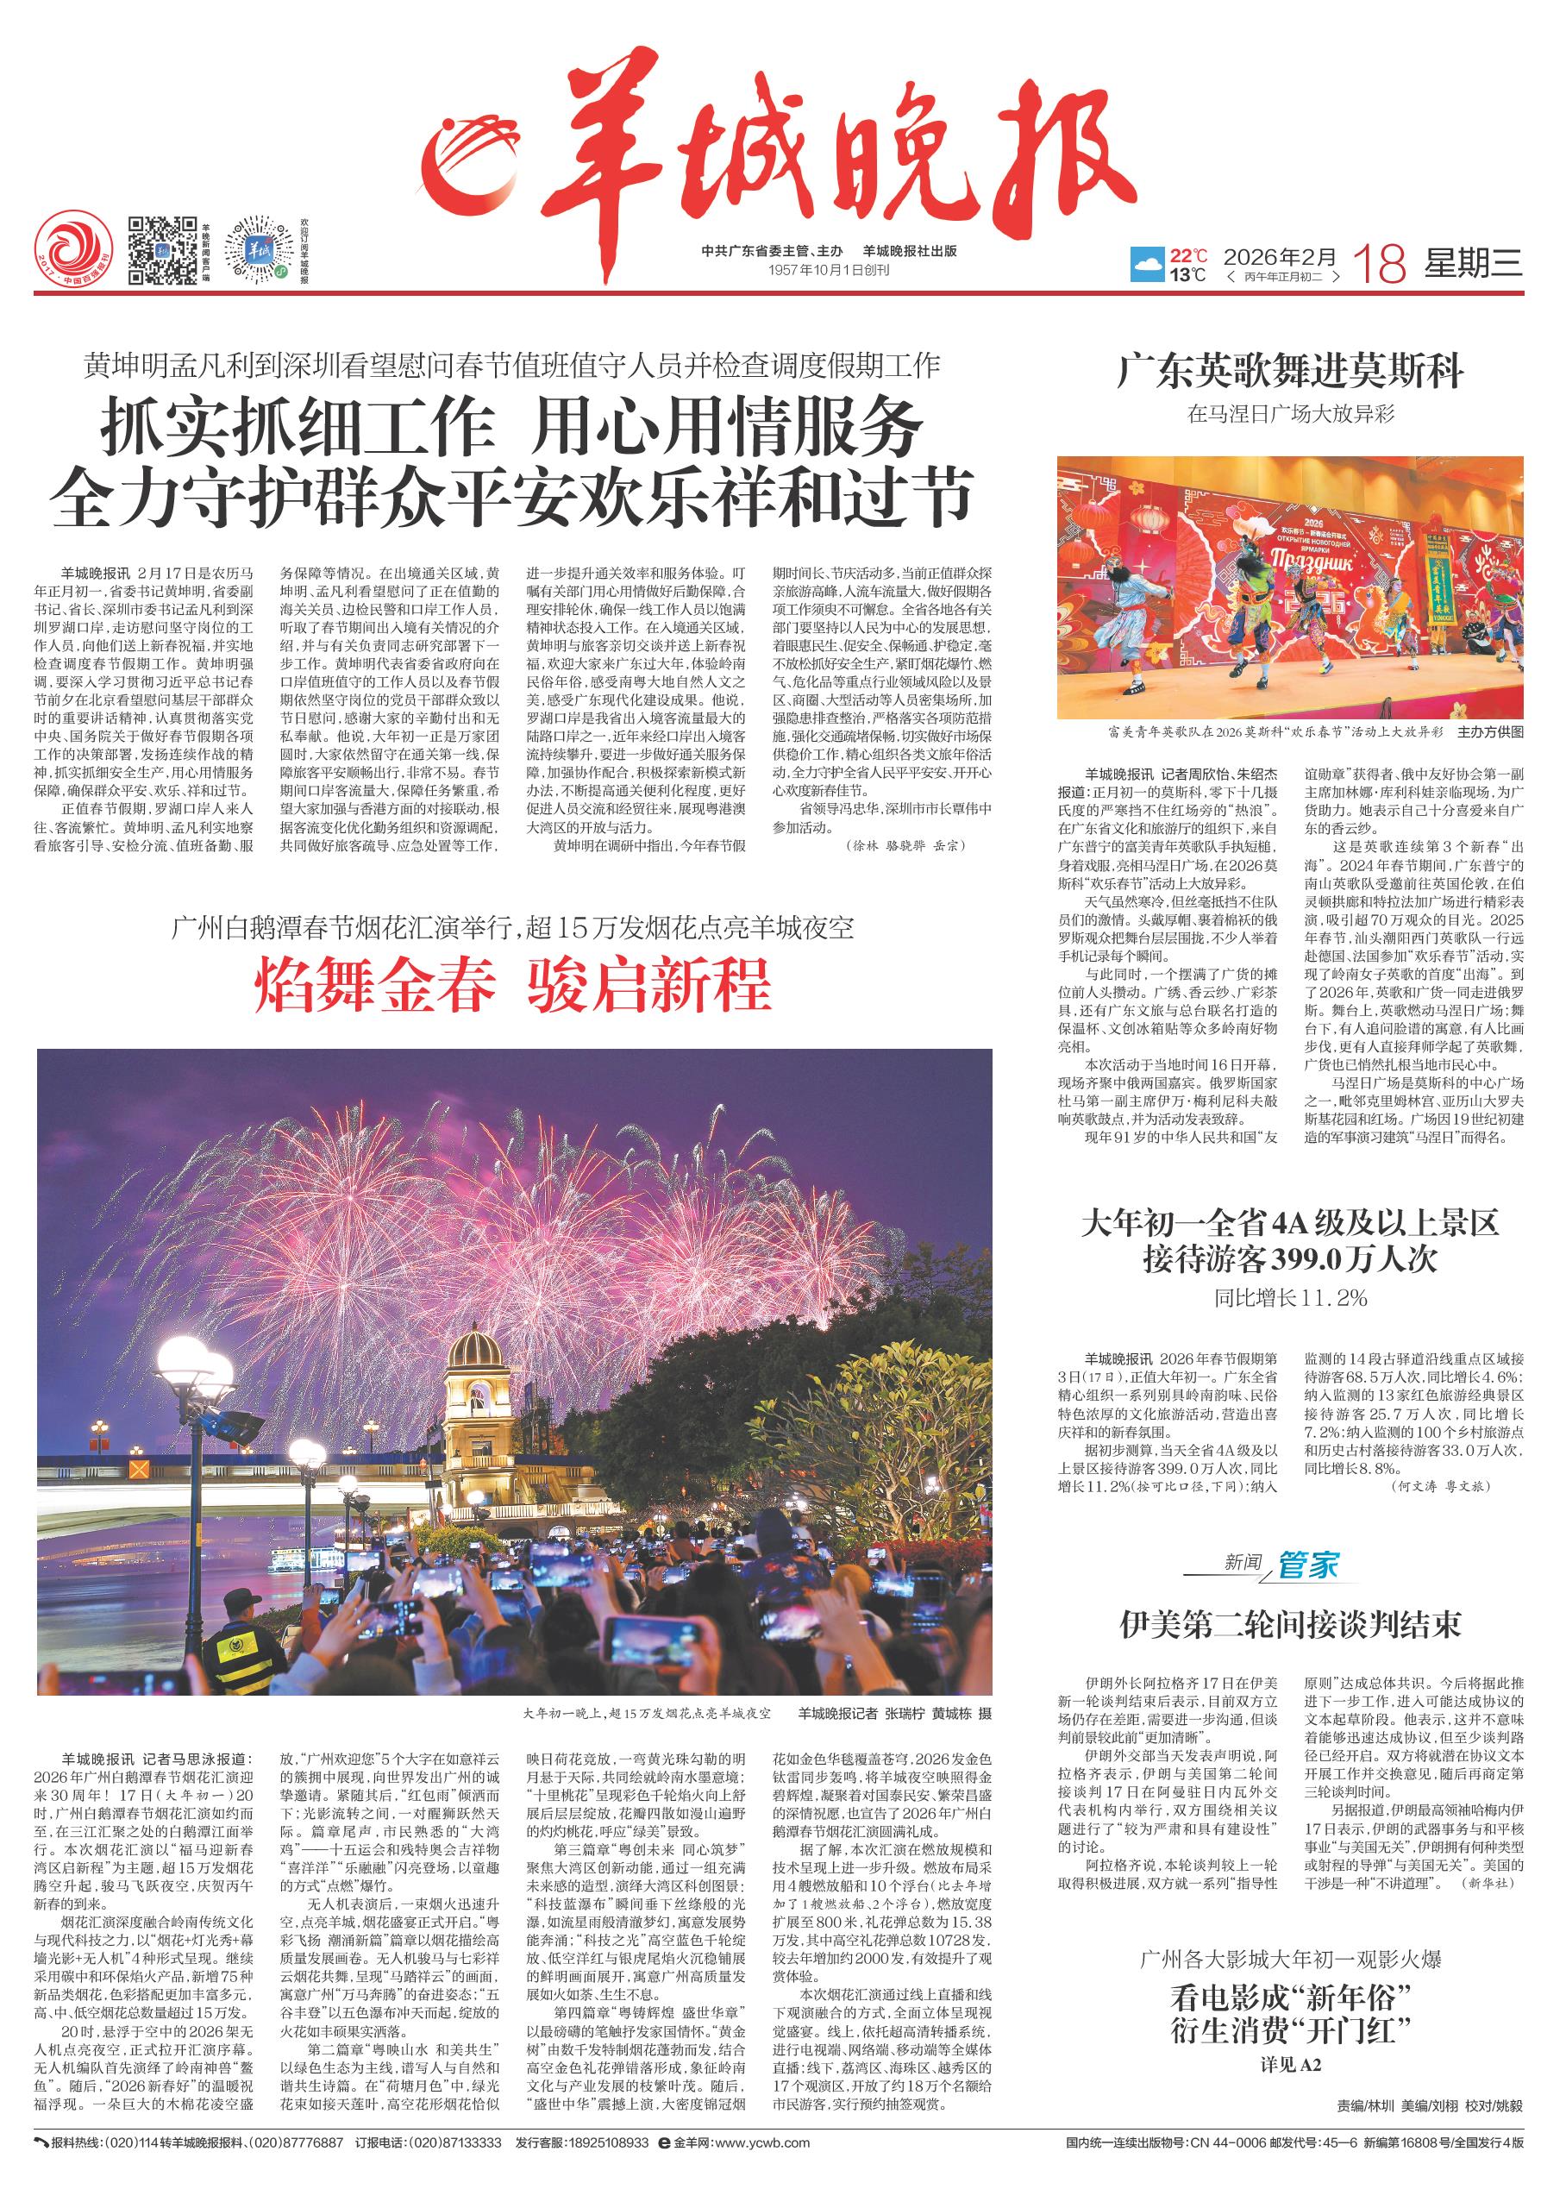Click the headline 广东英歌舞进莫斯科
point(1290,371)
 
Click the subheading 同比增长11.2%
point(1290,1298)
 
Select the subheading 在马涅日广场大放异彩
point(1290,415)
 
